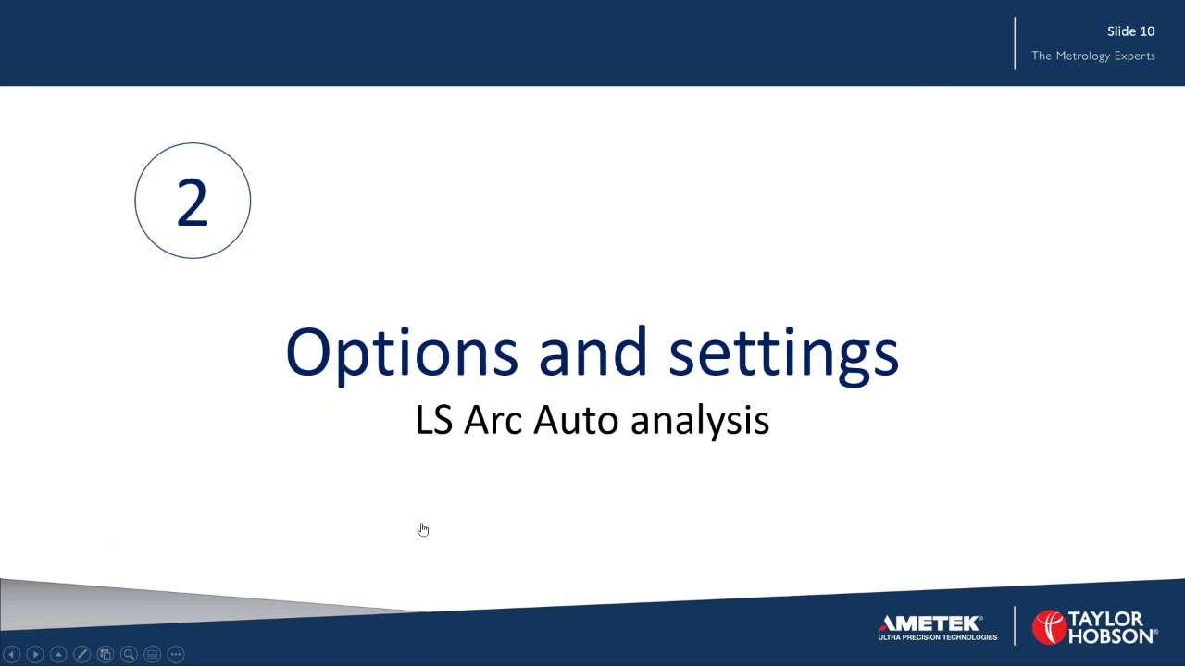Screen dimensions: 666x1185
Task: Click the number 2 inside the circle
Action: (193, 202)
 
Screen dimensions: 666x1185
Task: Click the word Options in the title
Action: (401, 352)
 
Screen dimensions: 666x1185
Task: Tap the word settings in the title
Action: (783, 352)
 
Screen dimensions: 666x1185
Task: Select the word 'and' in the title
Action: (592, 352)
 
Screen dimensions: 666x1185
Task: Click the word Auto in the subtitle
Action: (575, 420)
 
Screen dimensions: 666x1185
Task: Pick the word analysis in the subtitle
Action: (699, 420)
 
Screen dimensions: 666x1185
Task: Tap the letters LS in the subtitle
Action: (433, 420)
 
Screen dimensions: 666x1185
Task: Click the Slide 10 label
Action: (1130, 31)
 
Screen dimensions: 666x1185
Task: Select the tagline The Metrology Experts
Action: (1092, 55)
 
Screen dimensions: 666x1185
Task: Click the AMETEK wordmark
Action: (930, 623)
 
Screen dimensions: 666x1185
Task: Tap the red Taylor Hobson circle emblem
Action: (1049, 627)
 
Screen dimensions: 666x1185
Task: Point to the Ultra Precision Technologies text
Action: (937, 637)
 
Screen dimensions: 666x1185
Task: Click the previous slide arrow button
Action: (12, 654)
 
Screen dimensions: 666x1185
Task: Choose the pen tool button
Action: (81, 654)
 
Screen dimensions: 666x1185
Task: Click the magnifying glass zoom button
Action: (129, 654)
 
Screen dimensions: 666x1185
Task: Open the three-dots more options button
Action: (176, 654)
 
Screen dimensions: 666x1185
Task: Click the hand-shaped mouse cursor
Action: (423, 529)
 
